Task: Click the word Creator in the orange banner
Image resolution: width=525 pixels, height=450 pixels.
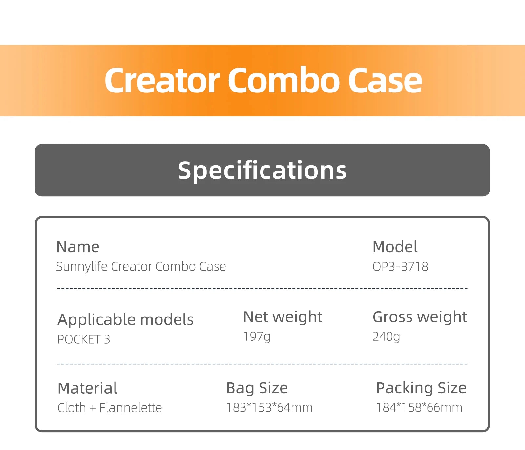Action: point(162,80)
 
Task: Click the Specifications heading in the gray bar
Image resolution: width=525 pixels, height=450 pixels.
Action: point(262,170)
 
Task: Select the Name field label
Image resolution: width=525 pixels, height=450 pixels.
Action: point(78,247)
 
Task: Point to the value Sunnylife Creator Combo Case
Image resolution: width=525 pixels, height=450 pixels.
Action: point(141,267)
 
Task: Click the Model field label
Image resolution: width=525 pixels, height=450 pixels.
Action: point(395,247)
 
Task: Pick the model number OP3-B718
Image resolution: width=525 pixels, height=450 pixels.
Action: point(400,267)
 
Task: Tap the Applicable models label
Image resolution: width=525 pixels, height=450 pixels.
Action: point(125,320)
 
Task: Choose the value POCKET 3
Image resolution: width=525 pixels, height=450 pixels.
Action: point(84,339)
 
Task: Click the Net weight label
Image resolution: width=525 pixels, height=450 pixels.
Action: point(283,317)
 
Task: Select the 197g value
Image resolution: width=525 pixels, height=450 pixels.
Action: point(257,337)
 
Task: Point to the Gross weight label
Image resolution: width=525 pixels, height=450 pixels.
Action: point(420,317)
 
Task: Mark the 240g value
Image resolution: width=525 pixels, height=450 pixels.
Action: point(386,337)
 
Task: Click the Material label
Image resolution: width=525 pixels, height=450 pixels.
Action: point(87,388)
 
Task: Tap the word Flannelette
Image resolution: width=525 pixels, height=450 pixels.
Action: point(131,408)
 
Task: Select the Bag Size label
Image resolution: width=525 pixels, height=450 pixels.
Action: point(257,388)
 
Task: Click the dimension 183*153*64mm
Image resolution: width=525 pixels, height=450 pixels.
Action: point(269,408)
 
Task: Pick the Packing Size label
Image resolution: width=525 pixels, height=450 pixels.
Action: point(421,388)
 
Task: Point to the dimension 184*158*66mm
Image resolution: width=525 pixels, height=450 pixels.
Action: point(419,408)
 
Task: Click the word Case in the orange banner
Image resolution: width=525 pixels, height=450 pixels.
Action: point(385,80)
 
